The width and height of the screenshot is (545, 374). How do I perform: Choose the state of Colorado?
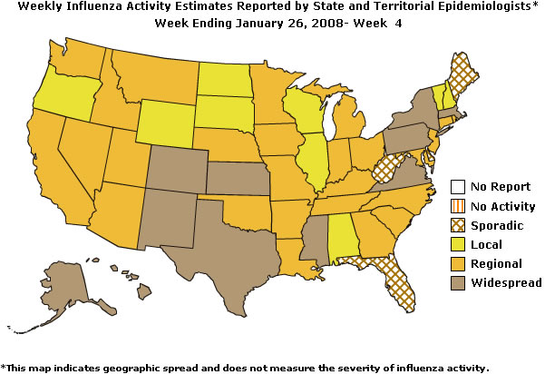175,164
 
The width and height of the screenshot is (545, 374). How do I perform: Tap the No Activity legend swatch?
459,206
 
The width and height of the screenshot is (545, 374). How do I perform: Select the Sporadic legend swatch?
459,225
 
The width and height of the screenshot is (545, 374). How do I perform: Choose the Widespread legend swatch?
459,283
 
